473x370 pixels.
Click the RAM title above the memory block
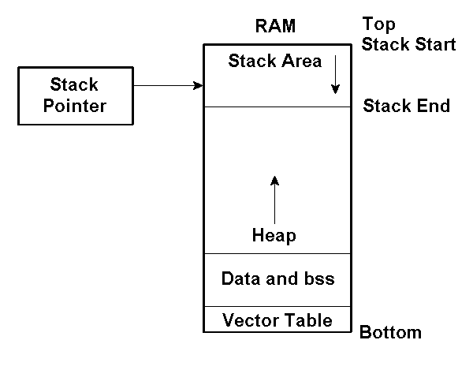pyautogui.click(x=275, y=26)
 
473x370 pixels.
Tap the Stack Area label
pyautogui.click(x=274, y=61)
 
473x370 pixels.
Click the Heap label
pyautogui.click(x=274, y=234)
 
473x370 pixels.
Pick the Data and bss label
pyautogui.click(x=277, y=278)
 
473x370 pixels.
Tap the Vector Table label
pyautogui.click(x=277, y=320)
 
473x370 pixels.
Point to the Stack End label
pyautogui.click(x=406, y=106)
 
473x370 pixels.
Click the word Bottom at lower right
pyautogui.click(x=390, y=332)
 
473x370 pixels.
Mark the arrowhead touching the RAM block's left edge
pyautogui.click(x=198, y=85)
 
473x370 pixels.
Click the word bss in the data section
pyautogui.click(x=318, y=278)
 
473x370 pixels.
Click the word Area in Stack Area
pyautogui.click(x=301, y=61)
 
